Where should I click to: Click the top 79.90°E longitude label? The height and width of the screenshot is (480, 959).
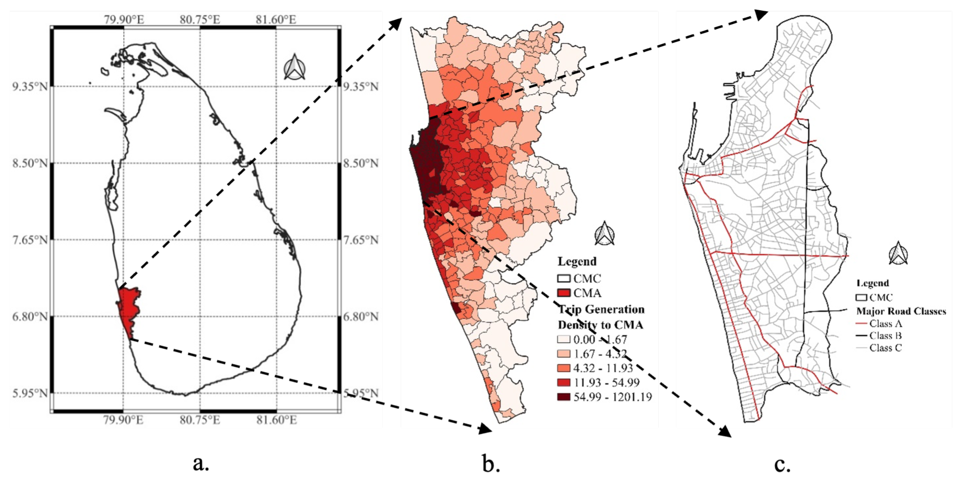124,19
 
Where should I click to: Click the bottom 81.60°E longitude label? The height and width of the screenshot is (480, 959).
276,420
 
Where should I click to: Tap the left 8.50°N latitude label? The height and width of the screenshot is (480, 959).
30,163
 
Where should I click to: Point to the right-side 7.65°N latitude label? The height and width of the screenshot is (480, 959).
360,240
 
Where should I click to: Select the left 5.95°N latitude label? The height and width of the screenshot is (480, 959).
30,393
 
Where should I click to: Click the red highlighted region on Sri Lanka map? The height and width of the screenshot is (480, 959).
129,309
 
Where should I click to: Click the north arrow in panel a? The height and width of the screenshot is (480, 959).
294,67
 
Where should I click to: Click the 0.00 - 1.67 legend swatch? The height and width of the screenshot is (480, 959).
564,339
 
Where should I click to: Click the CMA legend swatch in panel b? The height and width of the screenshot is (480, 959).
564,293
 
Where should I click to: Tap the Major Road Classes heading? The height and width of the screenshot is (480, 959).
901,311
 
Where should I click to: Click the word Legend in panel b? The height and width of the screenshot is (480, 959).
577,261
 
